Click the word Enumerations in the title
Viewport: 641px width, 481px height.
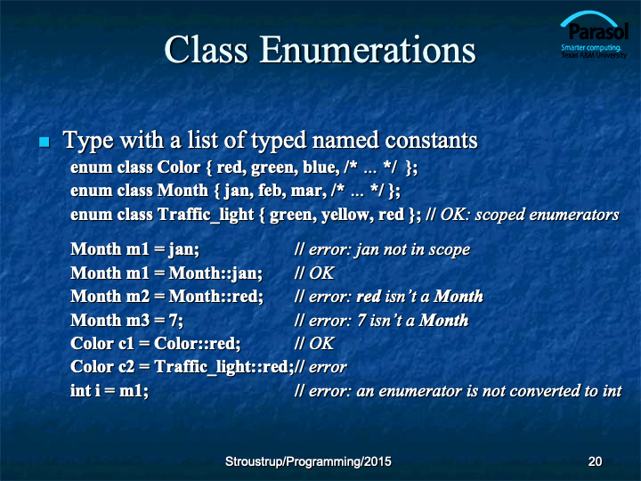pos(367,50)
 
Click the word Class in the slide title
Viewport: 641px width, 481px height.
pos(206,50)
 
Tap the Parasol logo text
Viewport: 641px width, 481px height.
pos(597,32)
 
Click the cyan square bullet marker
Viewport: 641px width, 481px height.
pos(45,142)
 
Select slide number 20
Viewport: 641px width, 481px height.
pos(595,461)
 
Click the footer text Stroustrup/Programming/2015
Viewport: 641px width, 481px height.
pos(308,461)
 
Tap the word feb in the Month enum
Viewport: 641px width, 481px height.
pos(272,191)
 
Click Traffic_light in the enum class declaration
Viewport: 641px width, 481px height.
pos(206,215)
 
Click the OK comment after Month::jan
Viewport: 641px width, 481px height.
pos(321,273)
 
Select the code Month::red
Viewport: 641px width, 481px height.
pos(216,297)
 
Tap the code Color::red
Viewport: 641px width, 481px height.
pos(198,344)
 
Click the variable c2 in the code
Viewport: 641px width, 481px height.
pos(126,367)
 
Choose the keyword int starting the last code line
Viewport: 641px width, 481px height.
pos(80,391)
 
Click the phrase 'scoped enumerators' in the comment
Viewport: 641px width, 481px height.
pos(547,215)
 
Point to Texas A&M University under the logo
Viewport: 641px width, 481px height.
pos(594,55)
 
